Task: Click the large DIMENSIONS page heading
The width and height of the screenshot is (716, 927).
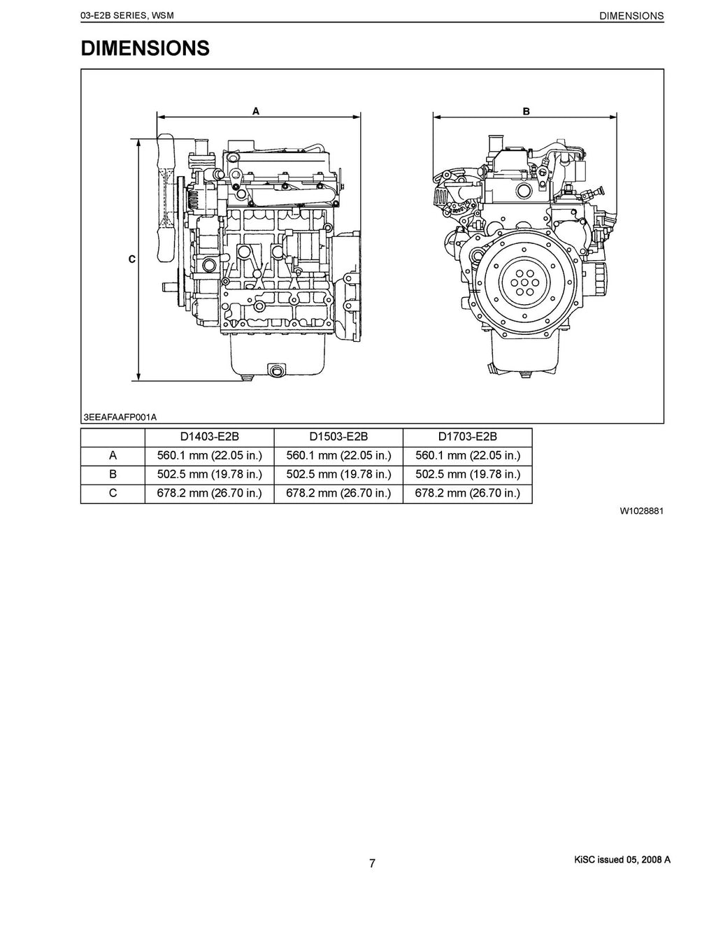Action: point(145,48)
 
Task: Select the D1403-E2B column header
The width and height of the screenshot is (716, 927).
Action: point(209,437)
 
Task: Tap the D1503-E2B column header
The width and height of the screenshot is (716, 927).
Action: point(338,437)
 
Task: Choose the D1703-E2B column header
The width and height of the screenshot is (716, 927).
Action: point(467,437)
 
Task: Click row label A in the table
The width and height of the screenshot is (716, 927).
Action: point(113,456)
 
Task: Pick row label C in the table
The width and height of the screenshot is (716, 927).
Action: point(113,493)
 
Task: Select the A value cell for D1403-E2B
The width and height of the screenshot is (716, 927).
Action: point(209,456)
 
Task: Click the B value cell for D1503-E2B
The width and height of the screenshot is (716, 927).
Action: point(338,475)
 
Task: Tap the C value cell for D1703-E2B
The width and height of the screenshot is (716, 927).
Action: point(467,493)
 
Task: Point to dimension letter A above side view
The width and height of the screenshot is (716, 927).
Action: point(256,110)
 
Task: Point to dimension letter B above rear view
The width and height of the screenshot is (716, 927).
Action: point(526,111)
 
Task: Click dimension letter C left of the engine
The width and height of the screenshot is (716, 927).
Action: point(131,259)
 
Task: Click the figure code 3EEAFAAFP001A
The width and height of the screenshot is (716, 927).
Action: point(120,417)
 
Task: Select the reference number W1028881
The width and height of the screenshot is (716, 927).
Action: point(641,511)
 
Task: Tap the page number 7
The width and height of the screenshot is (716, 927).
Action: point(372,863)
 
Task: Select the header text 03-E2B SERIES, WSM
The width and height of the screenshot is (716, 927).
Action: point(127,15)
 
